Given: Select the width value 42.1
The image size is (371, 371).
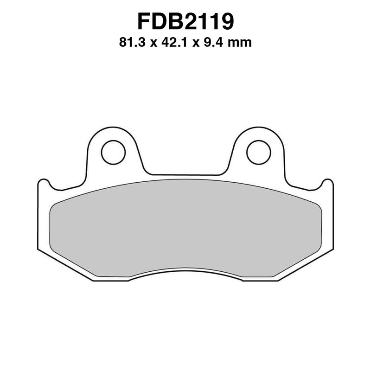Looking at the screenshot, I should (179, 43).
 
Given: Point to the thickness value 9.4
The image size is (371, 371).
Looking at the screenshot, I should (220, 43).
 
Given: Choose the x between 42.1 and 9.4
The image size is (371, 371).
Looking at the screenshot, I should (203, 44).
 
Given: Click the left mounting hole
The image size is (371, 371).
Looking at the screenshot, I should (113, 153).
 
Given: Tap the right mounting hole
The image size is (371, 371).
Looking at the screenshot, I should (258, 153).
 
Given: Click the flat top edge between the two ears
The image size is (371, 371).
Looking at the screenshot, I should (185, 175).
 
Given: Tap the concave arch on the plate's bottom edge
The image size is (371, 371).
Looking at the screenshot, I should (185, 270).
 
